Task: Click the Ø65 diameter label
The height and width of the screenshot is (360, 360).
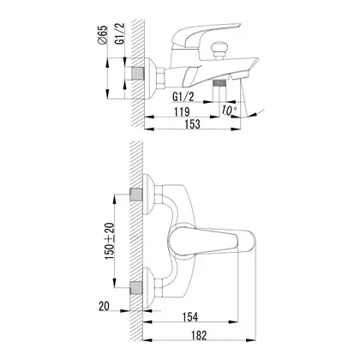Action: pos(102,34)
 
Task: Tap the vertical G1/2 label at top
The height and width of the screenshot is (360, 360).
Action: pos(120,33)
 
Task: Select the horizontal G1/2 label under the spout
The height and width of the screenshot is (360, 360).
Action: pos(183,97)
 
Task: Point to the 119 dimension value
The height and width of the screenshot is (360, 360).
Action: pos(182,111)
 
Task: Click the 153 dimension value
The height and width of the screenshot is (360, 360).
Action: pos(192,124)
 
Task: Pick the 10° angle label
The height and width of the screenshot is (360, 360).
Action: pos(229,111)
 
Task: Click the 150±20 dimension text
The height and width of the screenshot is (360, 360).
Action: pos(110,241)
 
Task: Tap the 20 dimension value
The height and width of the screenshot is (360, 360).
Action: pos(104,306)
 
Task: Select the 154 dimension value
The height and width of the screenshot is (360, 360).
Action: pos(190,317)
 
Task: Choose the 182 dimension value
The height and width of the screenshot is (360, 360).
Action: pos(199,335)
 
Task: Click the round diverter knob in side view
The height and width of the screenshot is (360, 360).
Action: pos(219,48)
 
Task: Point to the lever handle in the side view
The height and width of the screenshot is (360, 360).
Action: pos(205,34)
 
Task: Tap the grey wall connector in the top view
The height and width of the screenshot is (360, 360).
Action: pos(137,73)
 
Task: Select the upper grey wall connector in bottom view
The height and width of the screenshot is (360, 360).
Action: pos(136,195)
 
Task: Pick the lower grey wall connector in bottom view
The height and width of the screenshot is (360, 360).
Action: pos(136,288)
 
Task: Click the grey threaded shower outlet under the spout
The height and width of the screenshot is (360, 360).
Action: pos(219,83)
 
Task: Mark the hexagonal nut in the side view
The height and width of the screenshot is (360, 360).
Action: pos(161,77)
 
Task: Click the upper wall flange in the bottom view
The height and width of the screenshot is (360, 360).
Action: pos(148,195)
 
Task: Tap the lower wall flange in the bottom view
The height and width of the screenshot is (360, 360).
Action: pos(148,288)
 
